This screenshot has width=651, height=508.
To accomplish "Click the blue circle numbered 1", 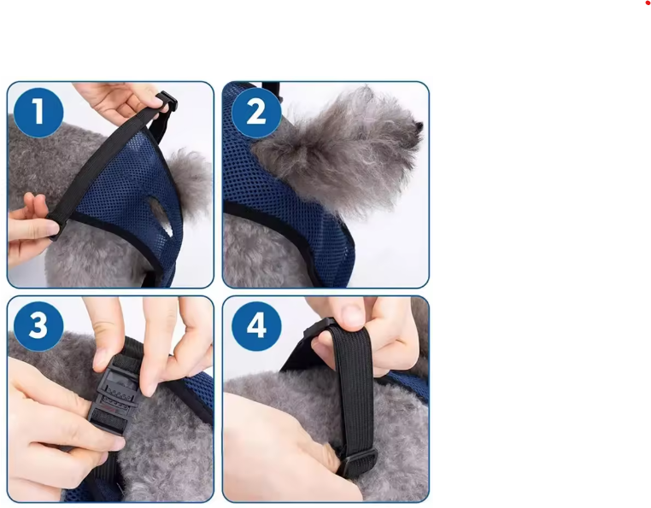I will pos(38,112).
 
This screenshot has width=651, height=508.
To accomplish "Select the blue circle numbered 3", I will pos(38,324).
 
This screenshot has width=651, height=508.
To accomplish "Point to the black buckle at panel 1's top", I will pos(166,103).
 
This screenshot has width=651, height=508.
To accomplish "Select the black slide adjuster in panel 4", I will pos(355,462).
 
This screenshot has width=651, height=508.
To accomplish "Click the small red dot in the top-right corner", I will pos(648,3).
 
